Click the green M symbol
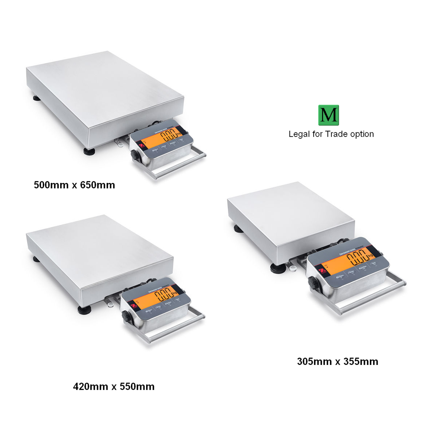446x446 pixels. coord(329,115)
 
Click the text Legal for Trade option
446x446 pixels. coord(331,134)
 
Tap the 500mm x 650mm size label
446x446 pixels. coord(74,185)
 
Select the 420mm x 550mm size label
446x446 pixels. coord(114,387)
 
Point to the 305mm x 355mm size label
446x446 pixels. coord(337,362)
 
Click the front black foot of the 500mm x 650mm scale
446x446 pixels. coord(89,152)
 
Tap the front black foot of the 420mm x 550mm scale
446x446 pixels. coord(83,310)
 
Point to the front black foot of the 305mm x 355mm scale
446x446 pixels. coord(277,269)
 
